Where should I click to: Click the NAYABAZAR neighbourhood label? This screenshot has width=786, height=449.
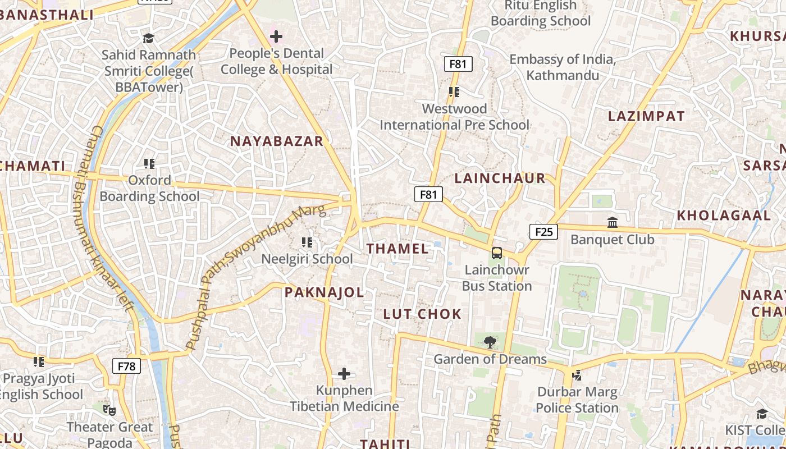(277, 141)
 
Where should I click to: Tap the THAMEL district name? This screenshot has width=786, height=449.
(397, 249)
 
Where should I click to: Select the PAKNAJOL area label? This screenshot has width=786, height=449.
(324, 292)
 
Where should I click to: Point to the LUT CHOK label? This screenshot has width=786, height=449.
(422, 314)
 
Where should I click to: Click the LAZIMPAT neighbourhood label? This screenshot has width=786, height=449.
(647, 117)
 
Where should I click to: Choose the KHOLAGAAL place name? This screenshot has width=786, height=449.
(724, 216)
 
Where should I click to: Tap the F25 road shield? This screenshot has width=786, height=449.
(543, 232)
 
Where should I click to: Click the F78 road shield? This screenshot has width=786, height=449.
(126, 366)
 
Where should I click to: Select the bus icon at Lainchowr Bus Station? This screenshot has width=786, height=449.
(497, 253)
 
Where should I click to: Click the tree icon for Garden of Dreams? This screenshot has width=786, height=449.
(490, 342)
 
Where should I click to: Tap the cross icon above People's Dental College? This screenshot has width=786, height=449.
(276, 37)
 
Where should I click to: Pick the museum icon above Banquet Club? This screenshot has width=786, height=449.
(613, 223)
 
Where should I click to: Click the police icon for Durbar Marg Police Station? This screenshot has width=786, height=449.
(577, 375)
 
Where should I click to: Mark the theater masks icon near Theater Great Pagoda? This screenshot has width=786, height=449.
(109, 410)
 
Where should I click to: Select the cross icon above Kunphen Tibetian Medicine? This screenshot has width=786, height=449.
(344, 374)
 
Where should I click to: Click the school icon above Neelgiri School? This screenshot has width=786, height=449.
(307, 242)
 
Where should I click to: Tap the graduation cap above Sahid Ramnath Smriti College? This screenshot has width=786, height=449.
(148, 38)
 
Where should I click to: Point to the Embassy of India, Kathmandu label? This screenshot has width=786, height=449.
(563, 67)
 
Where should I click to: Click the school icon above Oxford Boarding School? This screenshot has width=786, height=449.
(149, 164)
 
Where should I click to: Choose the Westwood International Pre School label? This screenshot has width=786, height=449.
(454, 117)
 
